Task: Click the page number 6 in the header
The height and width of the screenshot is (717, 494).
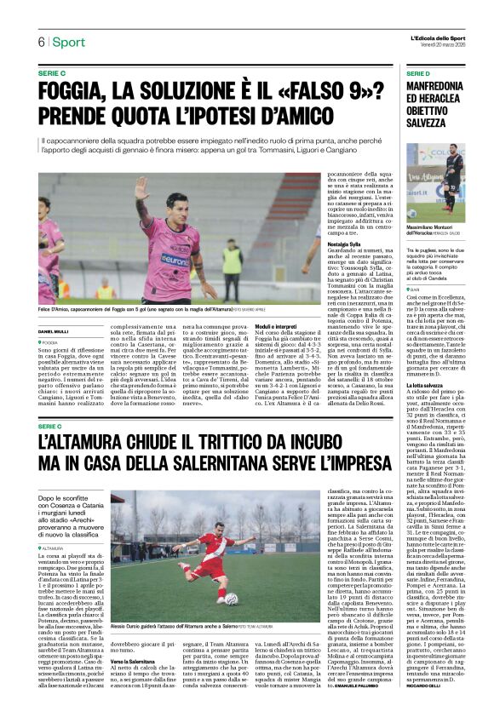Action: pyautogui.click(x=40, y=42)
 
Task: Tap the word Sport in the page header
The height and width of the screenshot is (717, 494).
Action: pyautogui.click(x=67, y=42)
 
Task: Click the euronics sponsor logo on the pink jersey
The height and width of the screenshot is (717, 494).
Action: pyautogui.click(x=175, y=259)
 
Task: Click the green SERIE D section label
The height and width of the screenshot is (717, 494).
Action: pyautogui.click(x=419, y=74)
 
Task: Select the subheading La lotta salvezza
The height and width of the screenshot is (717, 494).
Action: pyautogui.click(x=424, y=387)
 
